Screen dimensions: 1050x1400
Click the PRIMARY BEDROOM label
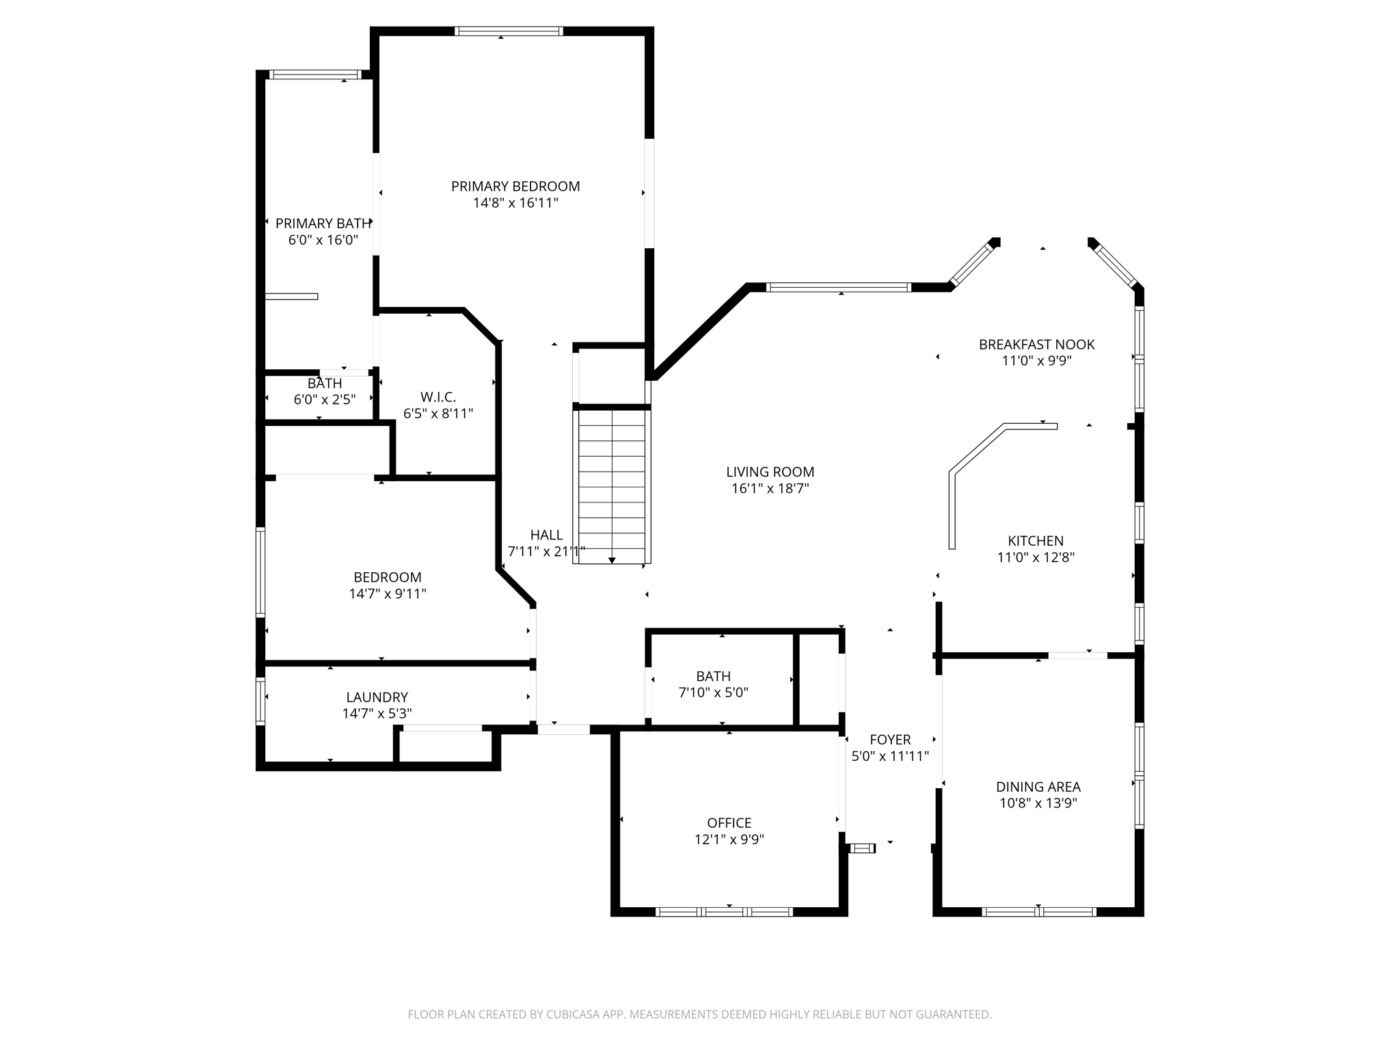pyautogui.click(x=515, y=186)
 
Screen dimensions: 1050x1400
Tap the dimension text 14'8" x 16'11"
pyautogui.click(x=515, y=203)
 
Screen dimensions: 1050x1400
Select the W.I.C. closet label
pyautogui.click(x=437, y=397)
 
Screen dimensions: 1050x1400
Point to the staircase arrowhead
pyautogui.click(x=612, y=561)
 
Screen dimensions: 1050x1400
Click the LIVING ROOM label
pyautogui.click(x=770, y=472)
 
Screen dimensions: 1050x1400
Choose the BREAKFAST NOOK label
pyautogui.click(x=1036, y=345)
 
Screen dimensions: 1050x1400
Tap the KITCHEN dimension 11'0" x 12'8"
pyautogui.click(x=1035, y=558)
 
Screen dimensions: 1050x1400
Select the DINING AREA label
pyautogui.click(x=1038, y=787)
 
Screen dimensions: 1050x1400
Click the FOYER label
pyautogui.click(x=890, y=740)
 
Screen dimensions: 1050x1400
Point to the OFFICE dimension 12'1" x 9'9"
pyautogui.click(x=729, y=839)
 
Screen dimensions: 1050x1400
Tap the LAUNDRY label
pyautogui.click(x=377, y=697)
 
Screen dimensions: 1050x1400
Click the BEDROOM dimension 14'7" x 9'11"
pyautogui.click(x=387, y=594)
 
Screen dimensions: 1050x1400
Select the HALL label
pyautogui.click(x=546, y=535)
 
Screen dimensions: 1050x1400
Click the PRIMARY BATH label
pyautogui.click(x=323, y=224)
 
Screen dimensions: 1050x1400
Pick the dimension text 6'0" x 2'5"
pyautogui.click(x=324, y=400)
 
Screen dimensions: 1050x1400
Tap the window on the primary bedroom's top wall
pyautogui.click(x=508, y=31)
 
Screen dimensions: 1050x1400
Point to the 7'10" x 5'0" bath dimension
pyautogui.click(x=713, y=692)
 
